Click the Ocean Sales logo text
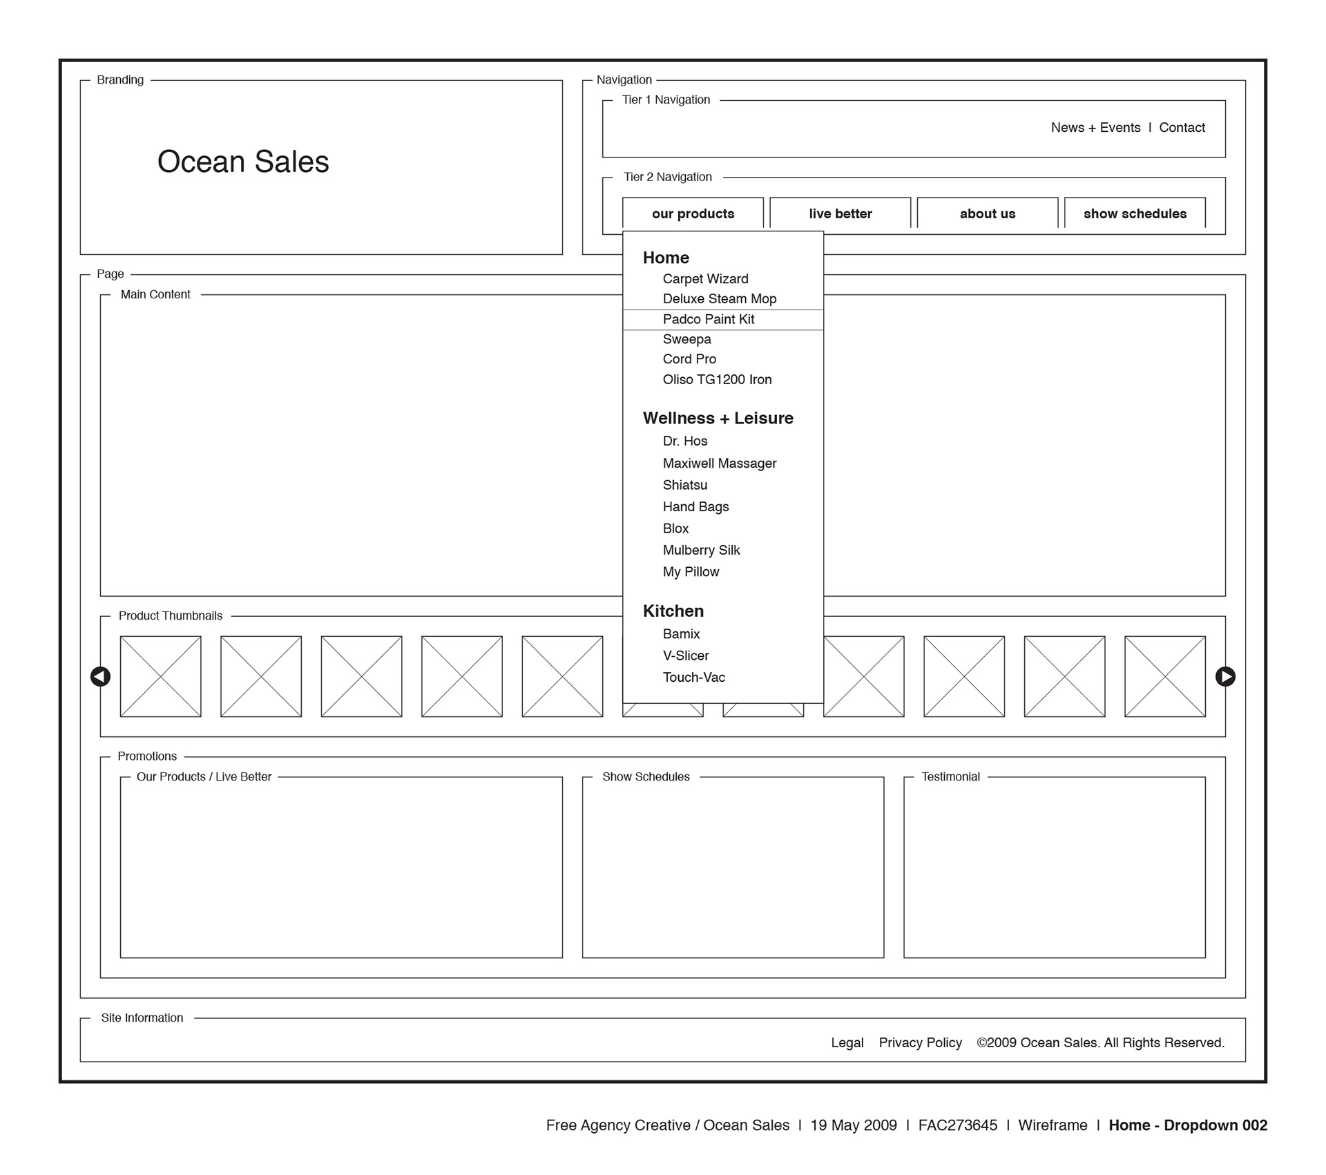tap(243, 162)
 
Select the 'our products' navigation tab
tap(693, 213)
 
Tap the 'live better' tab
tap(840, 213)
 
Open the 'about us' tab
tap(987, 213)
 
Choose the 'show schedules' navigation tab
tap(1135, 213)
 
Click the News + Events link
tap(1095, 128)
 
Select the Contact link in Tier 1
tap(1182, 128)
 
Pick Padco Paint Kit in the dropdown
tap(709, 319)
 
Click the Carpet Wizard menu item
tap(705, 279)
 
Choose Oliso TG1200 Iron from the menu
tap(717, 379)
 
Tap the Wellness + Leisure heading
tap(718, 418)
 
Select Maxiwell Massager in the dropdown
tap(720, 464)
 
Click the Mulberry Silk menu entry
tap(701, 551)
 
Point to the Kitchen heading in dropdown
tap(673, 611)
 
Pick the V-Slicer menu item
tap(686, 656)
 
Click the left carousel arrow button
tap(100, 677)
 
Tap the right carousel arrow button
tap(1225, 677)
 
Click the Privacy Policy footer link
tap(920, 1043)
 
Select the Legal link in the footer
tap(847, 1043)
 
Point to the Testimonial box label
tap(950, 777)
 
